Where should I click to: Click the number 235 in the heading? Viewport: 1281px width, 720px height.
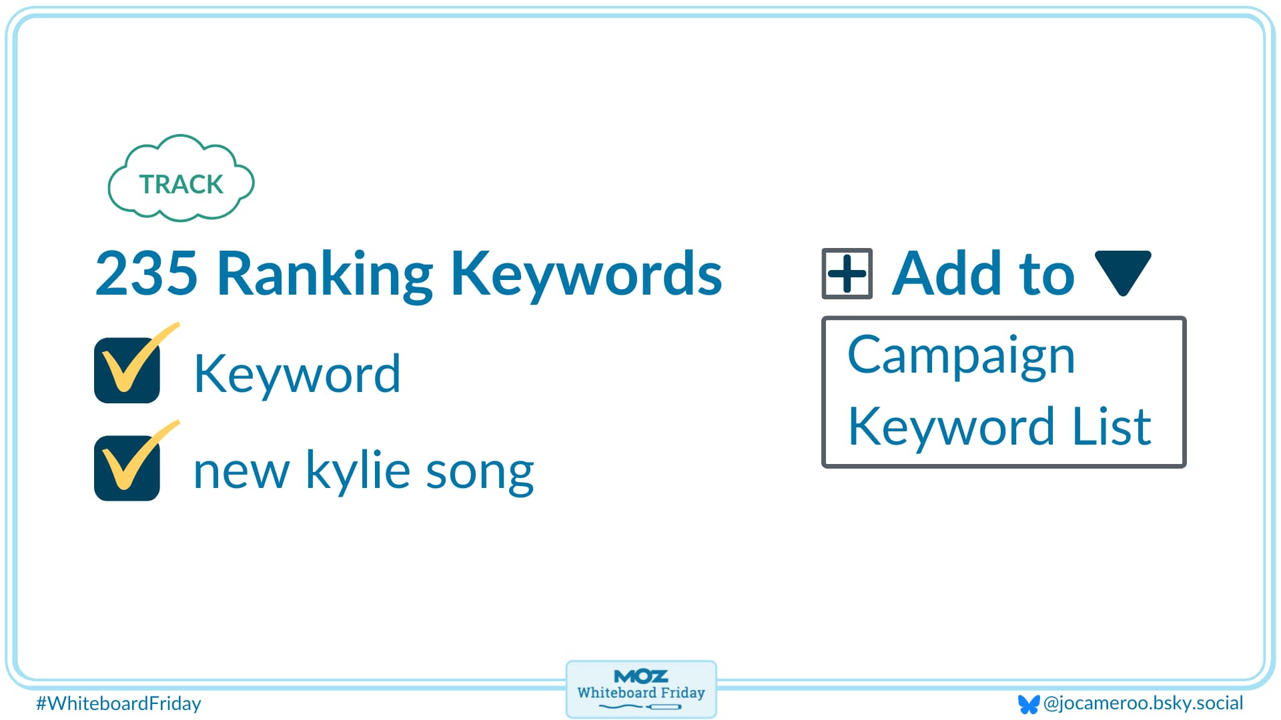point(147,273)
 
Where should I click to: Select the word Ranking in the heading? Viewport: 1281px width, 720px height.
point(325,273)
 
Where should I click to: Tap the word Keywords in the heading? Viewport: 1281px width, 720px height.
point(586,273)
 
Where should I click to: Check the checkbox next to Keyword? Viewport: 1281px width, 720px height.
point(127,371)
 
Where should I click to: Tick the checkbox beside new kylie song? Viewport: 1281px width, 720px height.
point(127,468)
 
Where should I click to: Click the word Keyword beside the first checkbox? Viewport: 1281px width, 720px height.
point(297,374)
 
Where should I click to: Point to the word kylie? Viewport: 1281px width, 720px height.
point(358,470)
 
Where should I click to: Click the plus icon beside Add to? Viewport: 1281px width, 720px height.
point(847,273)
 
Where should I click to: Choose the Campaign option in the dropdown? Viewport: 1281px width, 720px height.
point(961,356)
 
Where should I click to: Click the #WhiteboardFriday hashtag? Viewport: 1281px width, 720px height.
point(118,703)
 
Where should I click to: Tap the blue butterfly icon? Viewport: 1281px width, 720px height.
point(1028,704)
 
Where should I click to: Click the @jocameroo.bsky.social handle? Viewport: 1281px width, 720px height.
point(1143,703)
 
